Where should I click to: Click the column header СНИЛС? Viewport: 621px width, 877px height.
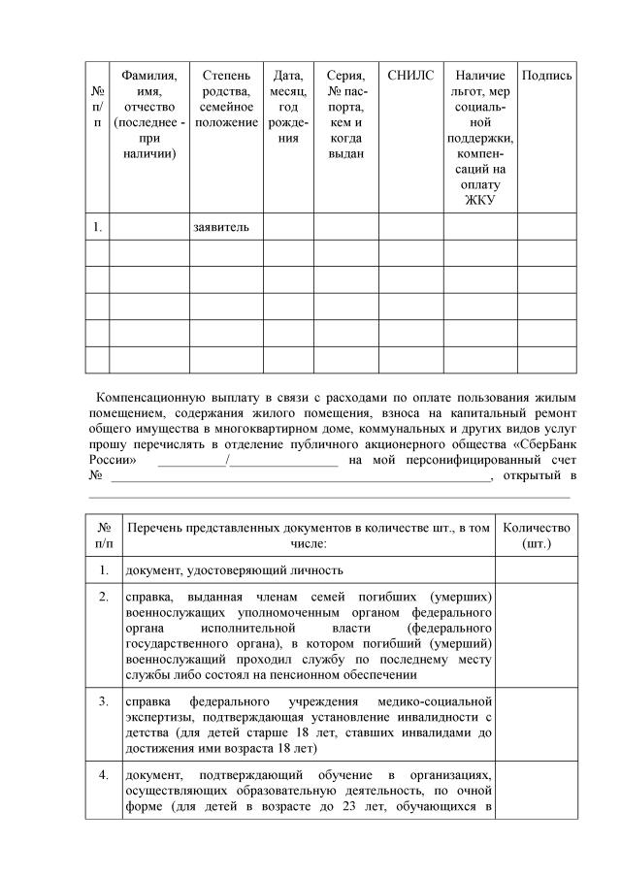(410, 75)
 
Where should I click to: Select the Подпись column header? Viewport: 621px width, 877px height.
(546, 75)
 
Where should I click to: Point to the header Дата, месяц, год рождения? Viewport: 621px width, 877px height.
(287, 106)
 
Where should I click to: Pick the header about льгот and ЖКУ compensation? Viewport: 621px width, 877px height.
(479, 137)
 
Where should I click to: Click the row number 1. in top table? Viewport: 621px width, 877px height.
(97, 227)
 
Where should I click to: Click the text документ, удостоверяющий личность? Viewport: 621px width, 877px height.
(233, 569)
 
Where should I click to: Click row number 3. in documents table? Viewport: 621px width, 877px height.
(103, 699)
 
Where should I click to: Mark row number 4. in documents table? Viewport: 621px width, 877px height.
(103, 775)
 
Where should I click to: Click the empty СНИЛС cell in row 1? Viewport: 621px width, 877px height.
(410, 227)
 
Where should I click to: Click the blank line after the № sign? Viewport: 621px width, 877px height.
(301, 475)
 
